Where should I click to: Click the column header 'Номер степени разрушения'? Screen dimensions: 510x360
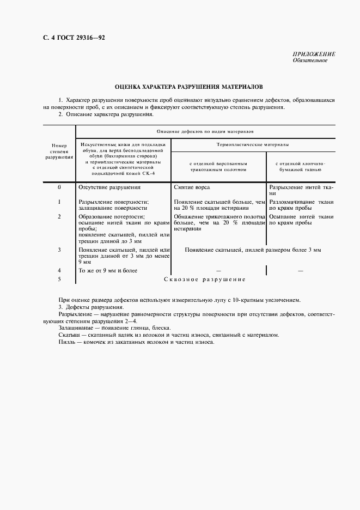(x=58, y=151)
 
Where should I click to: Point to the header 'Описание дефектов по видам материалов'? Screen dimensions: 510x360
(x=204, y=131)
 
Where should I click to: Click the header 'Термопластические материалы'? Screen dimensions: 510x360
(x=252, y=145)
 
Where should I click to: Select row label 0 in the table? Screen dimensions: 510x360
(x=59, y=187)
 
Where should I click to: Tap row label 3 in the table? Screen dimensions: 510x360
(x=59, y=250)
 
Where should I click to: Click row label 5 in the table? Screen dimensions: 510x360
(x=59, y=280)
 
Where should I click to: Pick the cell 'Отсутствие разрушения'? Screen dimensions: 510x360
(x=109, y=187)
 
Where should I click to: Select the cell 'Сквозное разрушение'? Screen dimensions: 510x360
(x=205, y=280)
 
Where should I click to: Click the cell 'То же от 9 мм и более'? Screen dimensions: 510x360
(x=108, y=270)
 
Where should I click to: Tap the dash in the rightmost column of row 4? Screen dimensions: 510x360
(x=300, y=270)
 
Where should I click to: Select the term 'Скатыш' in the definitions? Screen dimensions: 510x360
(x=69, y=335)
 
